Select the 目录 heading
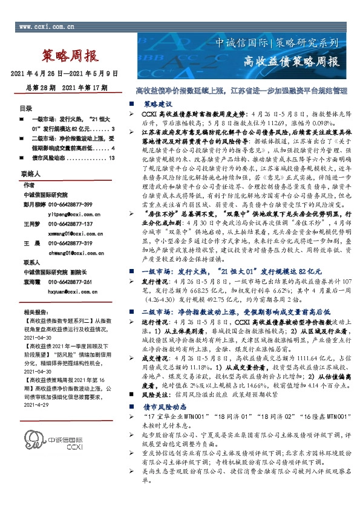(x=25, y=109)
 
